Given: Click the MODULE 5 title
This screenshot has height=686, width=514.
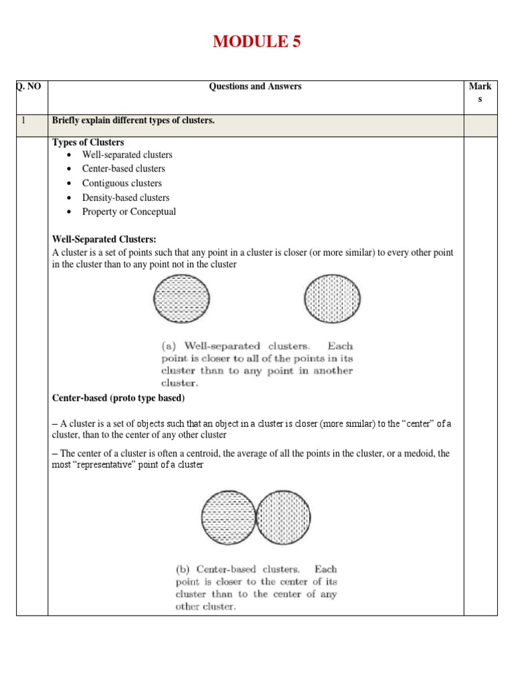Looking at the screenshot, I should point(257,42).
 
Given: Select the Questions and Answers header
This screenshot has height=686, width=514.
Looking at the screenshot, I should point(255,86).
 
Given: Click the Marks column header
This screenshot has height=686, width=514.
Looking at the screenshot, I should point(480,92).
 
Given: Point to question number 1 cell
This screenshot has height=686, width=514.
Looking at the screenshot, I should point(23,121).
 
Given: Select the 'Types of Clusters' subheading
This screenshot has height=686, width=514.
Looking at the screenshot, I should point(88,143).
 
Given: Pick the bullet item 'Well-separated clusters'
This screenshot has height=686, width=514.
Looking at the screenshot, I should point(127,155).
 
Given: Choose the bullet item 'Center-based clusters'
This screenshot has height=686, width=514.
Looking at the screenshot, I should point(123,169).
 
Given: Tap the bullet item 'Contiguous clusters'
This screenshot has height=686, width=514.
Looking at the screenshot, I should point(122,183).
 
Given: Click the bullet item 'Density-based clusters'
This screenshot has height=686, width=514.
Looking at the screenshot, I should point(126,198).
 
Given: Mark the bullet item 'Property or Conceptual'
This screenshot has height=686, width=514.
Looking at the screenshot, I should point(129,212).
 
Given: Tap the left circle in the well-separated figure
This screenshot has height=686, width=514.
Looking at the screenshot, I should point(181,299).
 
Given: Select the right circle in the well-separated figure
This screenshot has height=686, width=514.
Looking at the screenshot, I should point(331,299).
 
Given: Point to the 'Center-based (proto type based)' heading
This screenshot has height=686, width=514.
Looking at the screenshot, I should point(118,398).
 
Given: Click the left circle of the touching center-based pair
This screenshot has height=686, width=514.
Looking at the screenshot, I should point(228,517).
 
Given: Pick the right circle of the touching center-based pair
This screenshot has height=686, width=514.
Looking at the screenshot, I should point(283,517).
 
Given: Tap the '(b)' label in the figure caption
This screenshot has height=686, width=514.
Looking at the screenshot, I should point(182,569).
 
